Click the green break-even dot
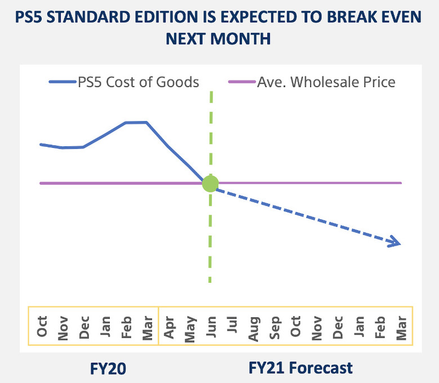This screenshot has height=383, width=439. click(x=210, y=183)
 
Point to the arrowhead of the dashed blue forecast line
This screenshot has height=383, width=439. click(x=396, y=243)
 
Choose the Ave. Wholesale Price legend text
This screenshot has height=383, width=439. click(x=326, y=82)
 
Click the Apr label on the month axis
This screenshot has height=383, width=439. click(x=169, y=326)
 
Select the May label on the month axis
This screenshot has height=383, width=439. click(x=190, y=326)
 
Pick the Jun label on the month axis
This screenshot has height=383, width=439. click(x=210, y=326)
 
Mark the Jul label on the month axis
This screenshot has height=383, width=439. click(x=232, y=326)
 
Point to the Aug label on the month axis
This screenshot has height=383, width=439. click(x=253, y=326)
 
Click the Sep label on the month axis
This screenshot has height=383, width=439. click(x=275, y=326)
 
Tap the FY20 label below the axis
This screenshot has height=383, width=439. click(x=108, y=368)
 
